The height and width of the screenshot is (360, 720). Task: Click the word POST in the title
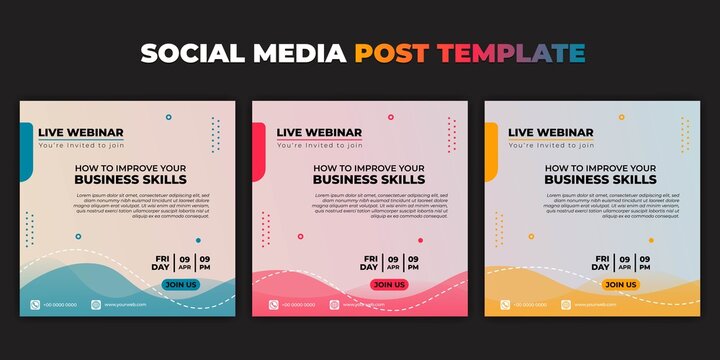(391, 53)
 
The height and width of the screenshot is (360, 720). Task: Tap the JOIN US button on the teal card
(180, 284)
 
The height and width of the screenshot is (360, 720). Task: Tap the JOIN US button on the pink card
(389, 284)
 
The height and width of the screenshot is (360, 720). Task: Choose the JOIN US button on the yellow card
(621, 284)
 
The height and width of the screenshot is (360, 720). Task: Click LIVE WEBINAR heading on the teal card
(81, 132)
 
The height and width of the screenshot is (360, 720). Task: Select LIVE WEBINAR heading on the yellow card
(551, 132)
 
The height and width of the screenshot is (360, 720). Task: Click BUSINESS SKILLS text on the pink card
(369, 180)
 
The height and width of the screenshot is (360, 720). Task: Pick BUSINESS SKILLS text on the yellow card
(601, 180)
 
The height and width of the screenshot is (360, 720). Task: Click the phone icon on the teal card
(36, 304)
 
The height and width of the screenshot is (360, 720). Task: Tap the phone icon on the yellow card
(505, 304)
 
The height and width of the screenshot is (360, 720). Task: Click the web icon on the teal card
(97, 304)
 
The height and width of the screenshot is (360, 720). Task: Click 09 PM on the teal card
(204, 263)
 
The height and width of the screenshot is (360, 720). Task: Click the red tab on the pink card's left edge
(258, 151)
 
